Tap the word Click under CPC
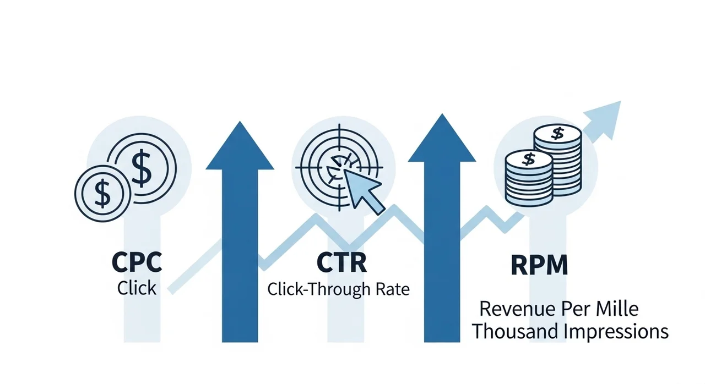pyautogui.click(x=137, y=288)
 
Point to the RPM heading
pyautogui.click(x=539, y=266)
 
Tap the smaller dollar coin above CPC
pyautogui.click(x=102, y=193)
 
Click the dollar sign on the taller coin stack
pyautogui.click(x=558, y=133)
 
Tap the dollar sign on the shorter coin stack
pyautogui.click(x=529, y=160)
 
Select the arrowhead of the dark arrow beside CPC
pyautogui.click(x=240, y=146)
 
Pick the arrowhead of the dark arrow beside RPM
pyautogui.click(x=442, y=139)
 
